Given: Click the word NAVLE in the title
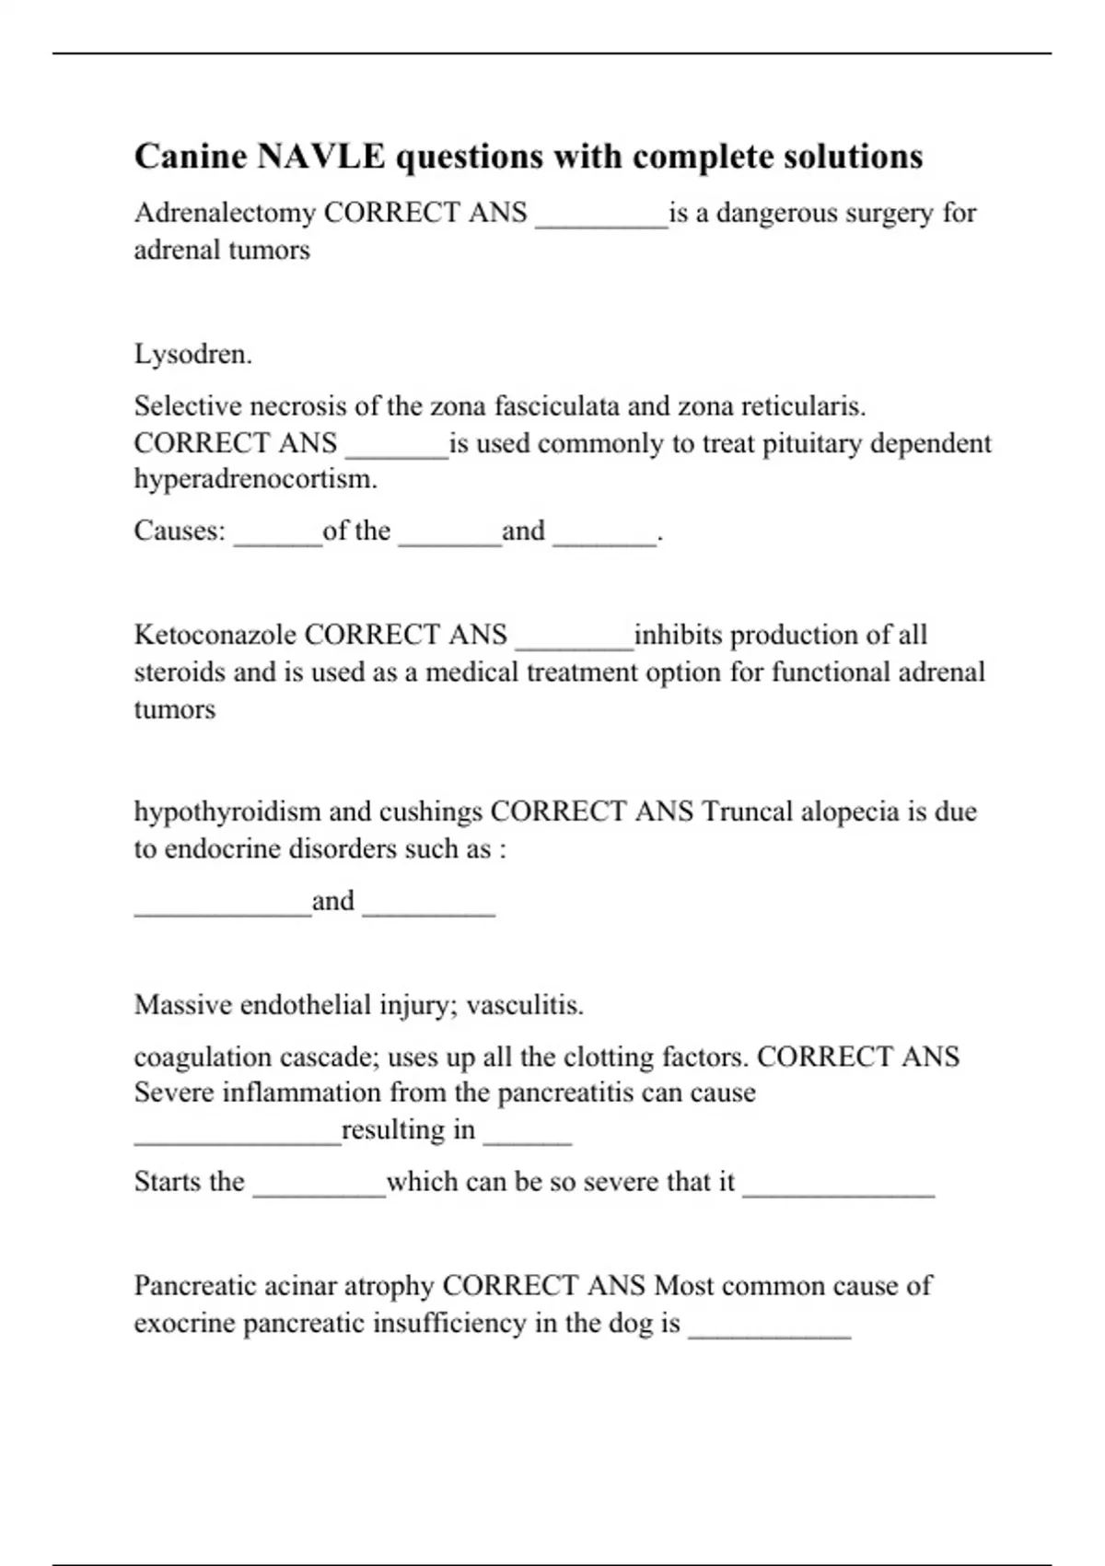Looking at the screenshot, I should click(320, 157).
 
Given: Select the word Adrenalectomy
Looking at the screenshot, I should click(225, 213).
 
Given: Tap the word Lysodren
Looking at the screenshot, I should click(192, 354).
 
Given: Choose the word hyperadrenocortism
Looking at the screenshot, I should click(255, 479).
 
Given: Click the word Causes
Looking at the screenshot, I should click(179, 531).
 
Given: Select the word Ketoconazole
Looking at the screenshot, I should click(215, 635).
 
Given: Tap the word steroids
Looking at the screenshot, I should click(180, 672).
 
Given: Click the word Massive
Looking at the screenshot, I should click(182, 1004).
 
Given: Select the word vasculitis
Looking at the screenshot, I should click(524, 1004).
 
